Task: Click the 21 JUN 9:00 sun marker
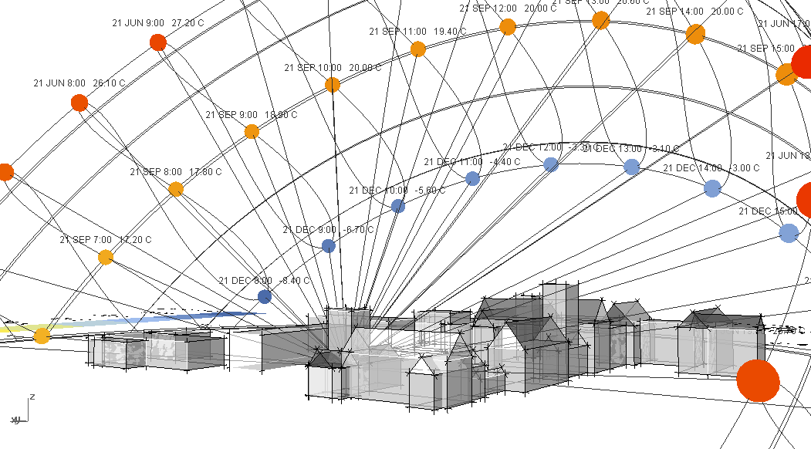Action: click(158, 42)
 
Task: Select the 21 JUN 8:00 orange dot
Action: click(79, 103)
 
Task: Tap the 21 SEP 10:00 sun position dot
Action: click(333, 85)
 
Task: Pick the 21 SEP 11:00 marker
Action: click(418, 49)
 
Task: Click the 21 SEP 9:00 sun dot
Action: click(252, 132)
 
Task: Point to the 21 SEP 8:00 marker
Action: click(176, 189)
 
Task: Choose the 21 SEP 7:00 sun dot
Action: click(106, 257)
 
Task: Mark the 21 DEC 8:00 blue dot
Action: click(265, 297)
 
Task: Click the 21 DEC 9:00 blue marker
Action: click(328, 246)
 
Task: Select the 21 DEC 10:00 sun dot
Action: click(398, 206)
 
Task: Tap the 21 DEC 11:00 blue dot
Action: click(473, 178)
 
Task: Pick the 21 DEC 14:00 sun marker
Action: click(712, 188)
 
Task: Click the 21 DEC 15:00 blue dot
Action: click(788, 232)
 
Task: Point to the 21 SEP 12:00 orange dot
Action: click(508, 27)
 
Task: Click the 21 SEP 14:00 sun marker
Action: click(695, 34)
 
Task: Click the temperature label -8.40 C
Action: click(295, 281)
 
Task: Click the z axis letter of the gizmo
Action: click(32, 397)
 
